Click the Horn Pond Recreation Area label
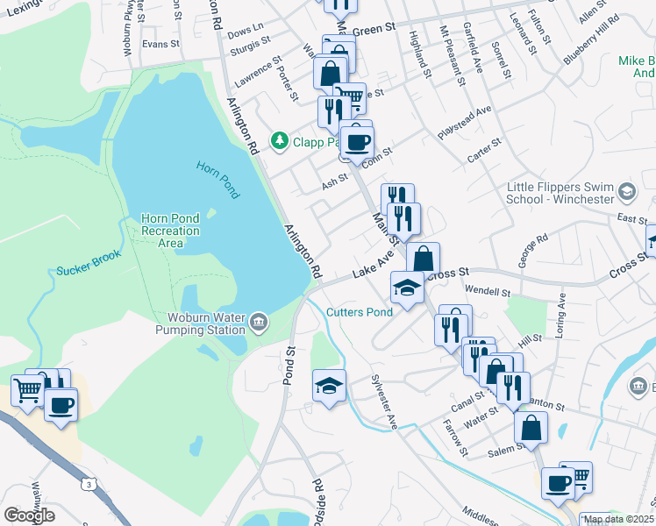(x=170, y=231)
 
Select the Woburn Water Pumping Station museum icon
(x=258, y=323)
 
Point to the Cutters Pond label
(x=360, y=312)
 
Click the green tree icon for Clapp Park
(x=280, y=141)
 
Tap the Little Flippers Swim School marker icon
(x=626, y=191)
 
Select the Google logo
(x=29, y=515)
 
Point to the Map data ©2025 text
(x=618, y=519)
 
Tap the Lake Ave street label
(x=373, y=266)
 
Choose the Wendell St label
(x=488, y=291)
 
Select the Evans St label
(x=160, y=44)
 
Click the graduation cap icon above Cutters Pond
(x=407, y=288)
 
